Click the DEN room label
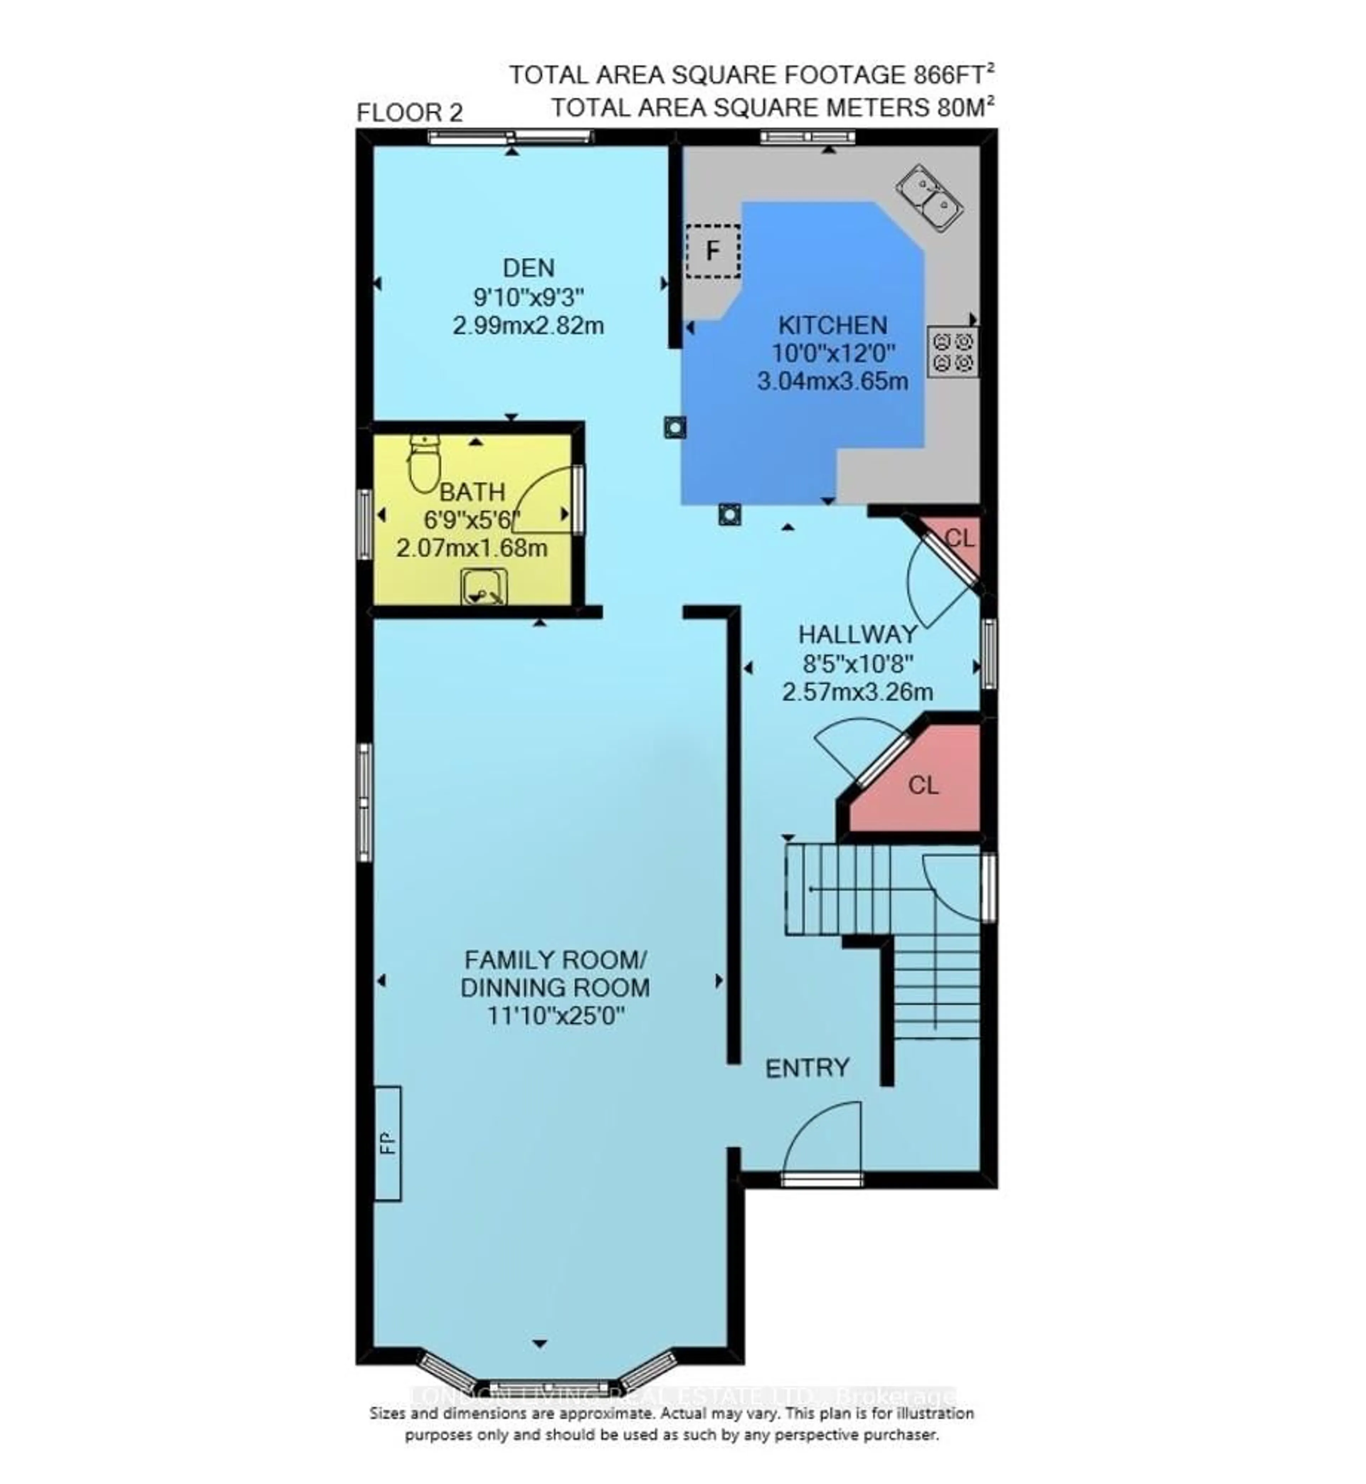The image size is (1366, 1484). point(529,267)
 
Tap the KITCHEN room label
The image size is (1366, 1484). point(832,325)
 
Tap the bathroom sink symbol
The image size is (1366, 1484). point(484,587)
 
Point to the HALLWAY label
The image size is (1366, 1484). point(857,634)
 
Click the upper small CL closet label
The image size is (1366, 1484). point(959,539)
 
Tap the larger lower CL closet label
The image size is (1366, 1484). point(923,785)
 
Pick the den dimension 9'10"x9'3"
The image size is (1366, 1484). point(529,297)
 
